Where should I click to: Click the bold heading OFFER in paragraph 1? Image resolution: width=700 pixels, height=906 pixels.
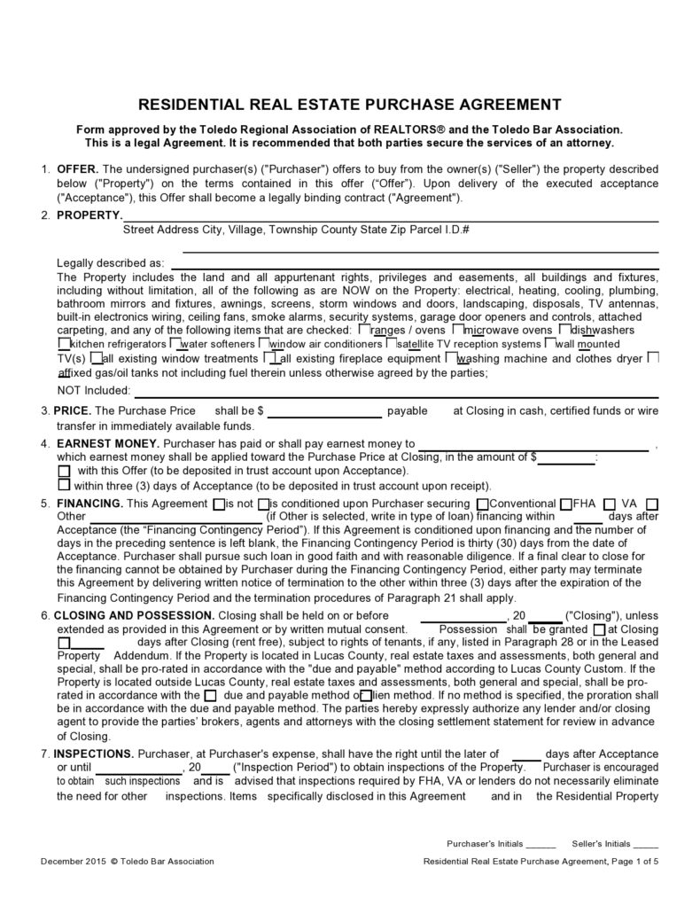point(79,168)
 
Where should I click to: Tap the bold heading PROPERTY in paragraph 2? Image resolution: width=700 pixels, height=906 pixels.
point(89,215)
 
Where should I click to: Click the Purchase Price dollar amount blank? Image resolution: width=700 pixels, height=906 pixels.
point(324,412)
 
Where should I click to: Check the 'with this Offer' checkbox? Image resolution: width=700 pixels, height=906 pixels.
point(64,471)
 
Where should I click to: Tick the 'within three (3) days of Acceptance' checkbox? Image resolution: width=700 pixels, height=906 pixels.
point(64,485)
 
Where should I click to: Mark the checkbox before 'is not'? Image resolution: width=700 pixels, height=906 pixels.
point(220,504)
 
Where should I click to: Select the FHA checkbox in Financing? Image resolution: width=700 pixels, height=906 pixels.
point(566,504)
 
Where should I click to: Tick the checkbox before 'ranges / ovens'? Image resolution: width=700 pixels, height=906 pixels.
point(364,330)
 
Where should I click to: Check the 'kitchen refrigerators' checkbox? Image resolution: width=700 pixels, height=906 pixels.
point(63,343)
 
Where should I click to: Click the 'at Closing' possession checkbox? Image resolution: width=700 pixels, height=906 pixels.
point(600,629)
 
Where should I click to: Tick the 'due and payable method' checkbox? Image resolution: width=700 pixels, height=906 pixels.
point(210,695)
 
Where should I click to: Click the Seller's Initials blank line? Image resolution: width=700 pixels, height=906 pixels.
point(646,844)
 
